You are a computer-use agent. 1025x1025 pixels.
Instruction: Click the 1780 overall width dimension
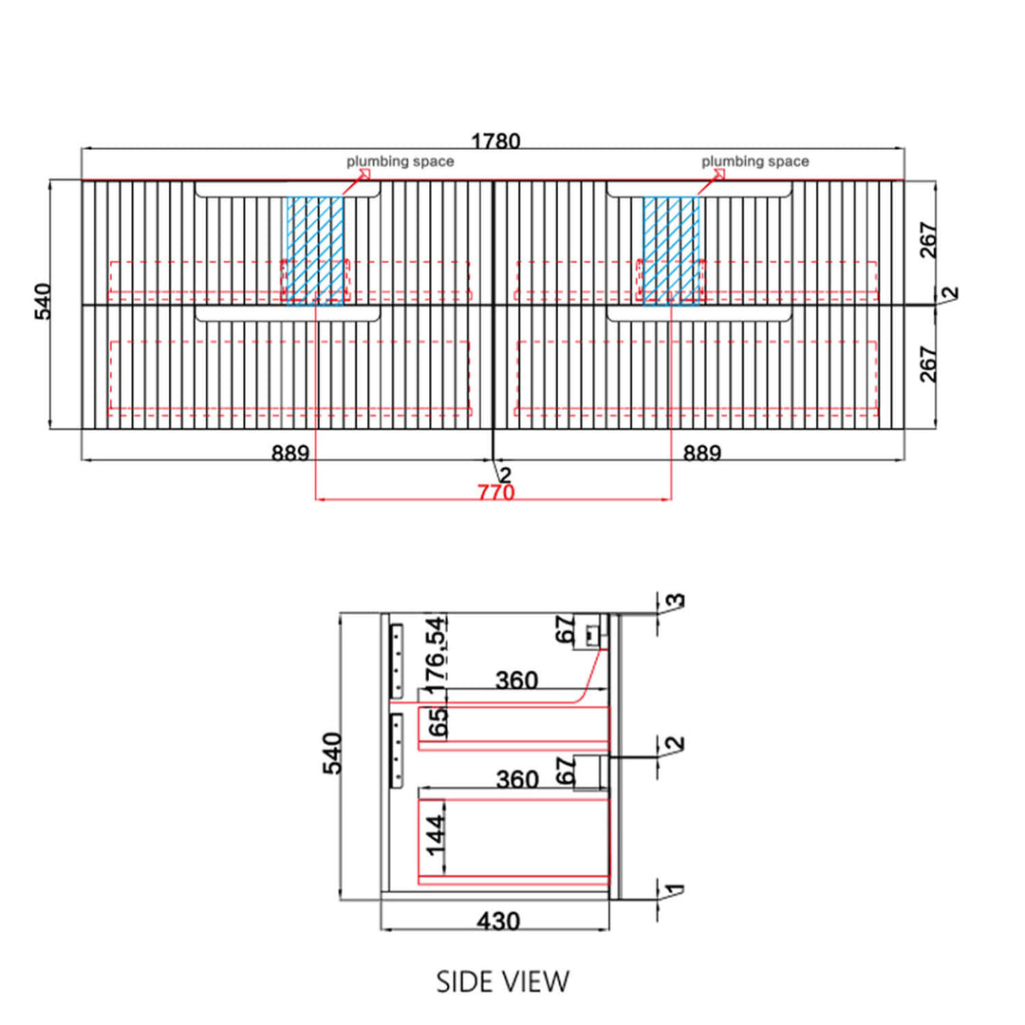495,141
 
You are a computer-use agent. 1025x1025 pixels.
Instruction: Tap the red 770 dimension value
496,492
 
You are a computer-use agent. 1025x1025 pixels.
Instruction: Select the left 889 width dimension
290,453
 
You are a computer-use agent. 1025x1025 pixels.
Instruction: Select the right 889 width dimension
702,453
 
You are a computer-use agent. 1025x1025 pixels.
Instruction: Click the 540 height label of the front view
43,302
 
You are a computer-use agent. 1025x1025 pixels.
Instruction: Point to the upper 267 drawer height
928,240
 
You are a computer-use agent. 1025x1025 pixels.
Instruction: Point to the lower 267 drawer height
928,364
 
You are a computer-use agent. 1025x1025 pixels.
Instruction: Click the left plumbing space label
401,161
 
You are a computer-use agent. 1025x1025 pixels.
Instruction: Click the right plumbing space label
755,161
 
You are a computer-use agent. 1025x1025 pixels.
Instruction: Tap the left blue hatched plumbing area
315,251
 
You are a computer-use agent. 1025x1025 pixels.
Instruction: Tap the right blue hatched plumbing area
671,251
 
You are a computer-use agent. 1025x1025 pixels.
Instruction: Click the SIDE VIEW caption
503,982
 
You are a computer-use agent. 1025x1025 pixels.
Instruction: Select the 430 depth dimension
498,921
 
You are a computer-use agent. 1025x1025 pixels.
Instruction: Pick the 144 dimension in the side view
436,835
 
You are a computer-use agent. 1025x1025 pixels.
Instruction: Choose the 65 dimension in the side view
438,721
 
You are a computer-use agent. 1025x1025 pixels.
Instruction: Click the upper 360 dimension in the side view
516,680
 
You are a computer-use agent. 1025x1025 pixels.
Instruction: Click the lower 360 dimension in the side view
517,779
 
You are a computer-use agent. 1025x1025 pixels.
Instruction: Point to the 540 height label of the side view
332,753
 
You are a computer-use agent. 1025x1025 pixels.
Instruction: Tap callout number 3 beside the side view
676,600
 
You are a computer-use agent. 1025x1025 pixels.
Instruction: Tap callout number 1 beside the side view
676,889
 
